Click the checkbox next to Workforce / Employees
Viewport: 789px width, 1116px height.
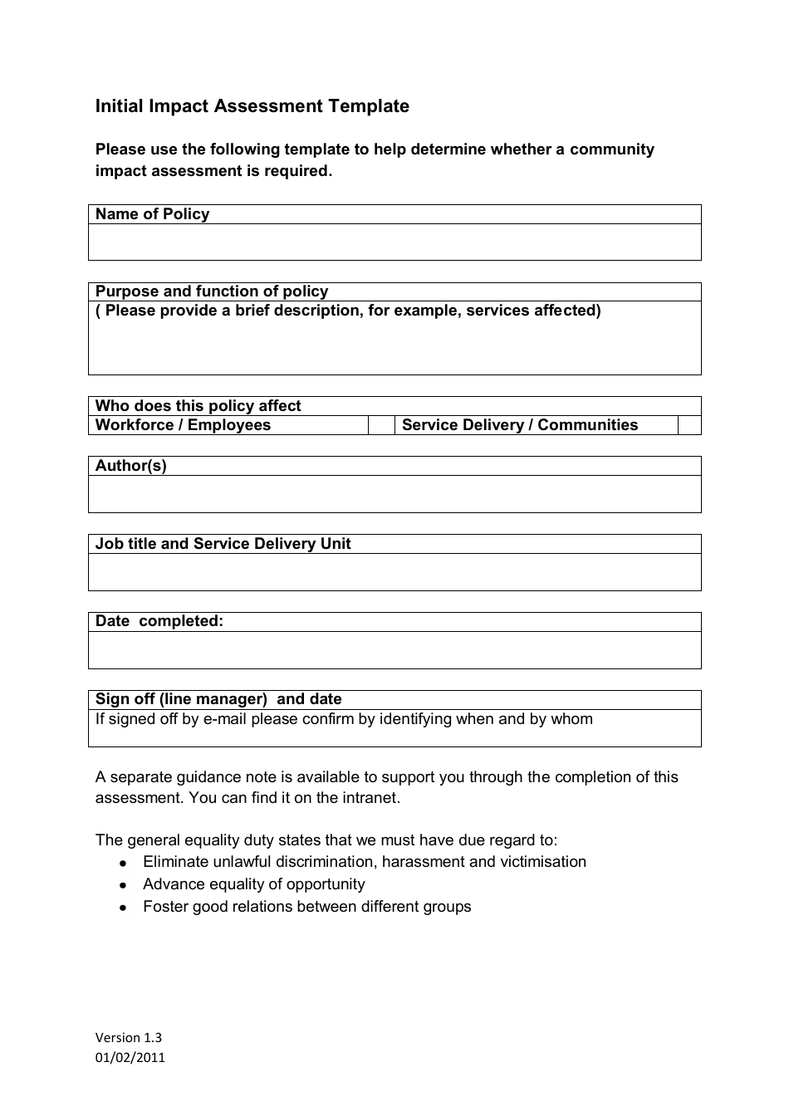coord(381,425)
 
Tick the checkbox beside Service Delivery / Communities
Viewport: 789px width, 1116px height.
coord(689,425)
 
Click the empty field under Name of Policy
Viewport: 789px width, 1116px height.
coord(394,242)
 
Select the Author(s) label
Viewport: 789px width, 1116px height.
coord(130,466)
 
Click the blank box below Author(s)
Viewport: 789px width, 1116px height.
coord(394,494)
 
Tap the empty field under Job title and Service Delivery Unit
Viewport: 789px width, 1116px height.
coord(394,572)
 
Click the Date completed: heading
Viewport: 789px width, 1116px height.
coord(159,621)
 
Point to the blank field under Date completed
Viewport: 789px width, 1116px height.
coord(394,650)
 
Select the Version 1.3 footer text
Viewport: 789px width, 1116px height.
coord(128,1037)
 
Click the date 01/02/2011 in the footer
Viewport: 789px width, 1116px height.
coord(130,1057)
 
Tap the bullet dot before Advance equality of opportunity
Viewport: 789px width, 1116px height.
coord(123,886)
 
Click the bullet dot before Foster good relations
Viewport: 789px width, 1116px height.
coord(123,908)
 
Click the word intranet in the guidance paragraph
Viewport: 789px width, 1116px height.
coord(370,798)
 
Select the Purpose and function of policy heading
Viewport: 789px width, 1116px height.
coord(211,291)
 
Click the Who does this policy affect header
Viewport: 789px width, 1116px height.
coord(198,406)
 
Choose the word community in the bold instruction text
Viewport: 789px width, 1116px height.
coord(611,149)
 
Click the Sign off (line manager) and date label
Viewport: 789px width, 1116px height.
coord(218,699)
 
